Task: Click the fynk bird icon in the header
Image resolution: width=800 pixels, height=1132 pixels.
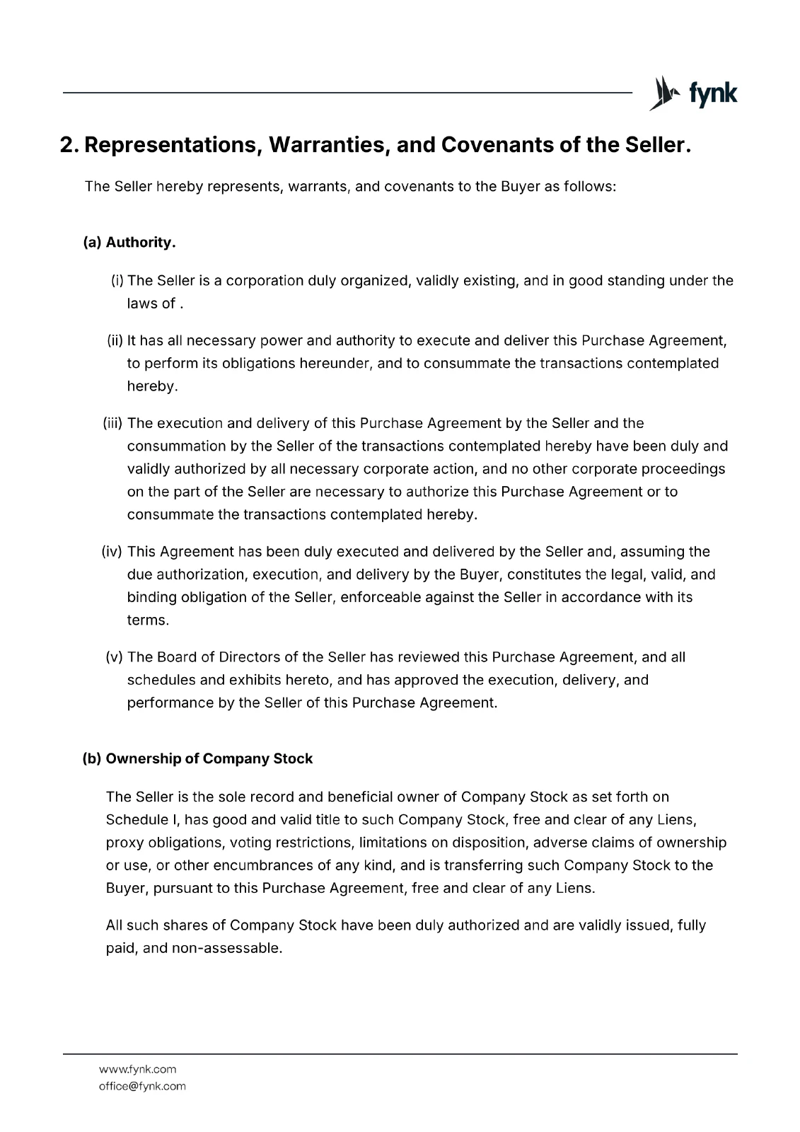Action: click(x=661, y=93)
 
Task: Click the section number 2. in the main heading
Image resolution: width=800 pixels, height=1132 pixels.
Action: click(x=70, y=146)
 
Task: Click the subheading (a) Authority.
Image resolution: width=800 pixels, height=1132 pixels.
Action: click(x=129, y=243)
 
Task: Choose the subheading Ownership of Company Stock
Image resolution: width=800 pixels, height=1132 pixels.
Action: click(x=209, y=758)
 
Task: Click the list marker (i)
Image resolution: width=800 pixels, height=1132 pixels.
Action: click(x=117, y=281)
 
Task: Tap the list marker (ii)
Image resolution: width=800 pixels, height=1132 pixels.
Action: click(x=115, y=341)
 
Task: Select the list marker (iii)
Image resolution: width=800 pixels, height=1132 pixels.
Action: click(x=113, y=423)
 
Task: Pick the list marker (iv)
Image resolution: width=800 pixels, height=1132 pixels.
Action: click(x=113, y=552)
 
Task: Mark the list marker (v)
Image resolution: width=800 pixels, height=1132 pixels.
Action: click(x=115, y=657)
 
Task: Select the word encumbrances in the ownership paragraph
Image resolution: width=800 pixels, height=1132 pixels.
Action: click(x=279, y=865)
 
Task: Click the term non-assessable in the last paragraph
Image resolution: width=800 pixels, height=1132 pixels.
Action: click(x=227, y=948)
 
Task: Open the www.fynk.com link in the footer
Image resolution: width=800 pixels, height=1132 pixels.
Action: click(x=137, y=1069)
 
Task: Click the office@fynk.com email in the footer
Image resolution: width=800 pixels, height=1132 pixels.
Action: click(x=142, y=1086)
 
